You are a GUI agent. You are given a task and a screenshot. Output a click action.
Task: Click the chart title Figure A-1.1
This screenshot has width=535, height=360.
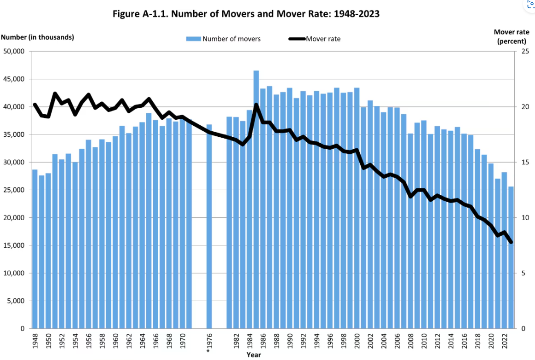pyautogui.click(x=246, y=14)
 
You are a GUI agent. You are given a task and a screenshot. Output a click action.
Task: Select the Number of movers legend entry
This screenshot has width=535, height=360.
pyautogui.click(x=223, y=39)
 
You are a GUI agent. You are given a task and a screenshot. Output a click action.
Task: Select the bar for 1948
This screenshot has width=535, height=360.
pyautogui.click(x=35, y=249)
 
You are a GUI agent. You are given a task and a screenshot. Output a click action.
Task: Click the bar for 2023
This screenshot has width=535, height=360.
pyautogui.click(x=511, y=257)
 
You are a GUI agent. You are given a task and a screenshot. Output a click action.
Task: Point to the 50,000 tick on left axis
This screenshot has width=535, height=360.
pyautogui.click(x=14, y=52)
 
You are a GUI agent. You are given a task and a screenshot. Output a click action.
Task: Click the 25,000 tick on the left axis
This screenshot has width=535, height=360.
pyautogui.click(x=14, y=190)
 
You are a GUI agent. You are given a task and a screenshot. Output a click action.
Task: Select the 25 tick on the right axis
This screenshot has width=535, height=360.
pyautogui.click(x=525, y=52)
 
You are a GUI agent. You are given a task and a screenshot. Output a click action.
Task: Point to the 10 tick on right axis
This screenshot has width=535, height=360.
pyautogui.click(x=525, y=218)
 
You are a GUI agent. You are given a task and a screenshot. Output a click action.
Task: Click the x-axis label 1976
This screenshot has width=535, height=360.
pyautogui.click(x=209, y=343)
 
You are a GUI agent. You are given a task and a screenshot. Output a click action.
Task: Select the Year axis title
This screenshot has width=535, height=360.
pyautogui.click(x=253, y=355)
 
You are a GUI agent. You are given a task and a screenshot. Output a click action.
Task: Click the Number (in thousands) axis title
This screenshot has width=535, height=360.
pyautogui.click(x=38, y=37)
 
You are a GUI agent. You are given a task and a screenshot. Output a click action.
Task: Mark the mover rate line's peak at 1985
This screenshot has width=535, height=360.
pyautogui.click(x=256, y=105)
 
